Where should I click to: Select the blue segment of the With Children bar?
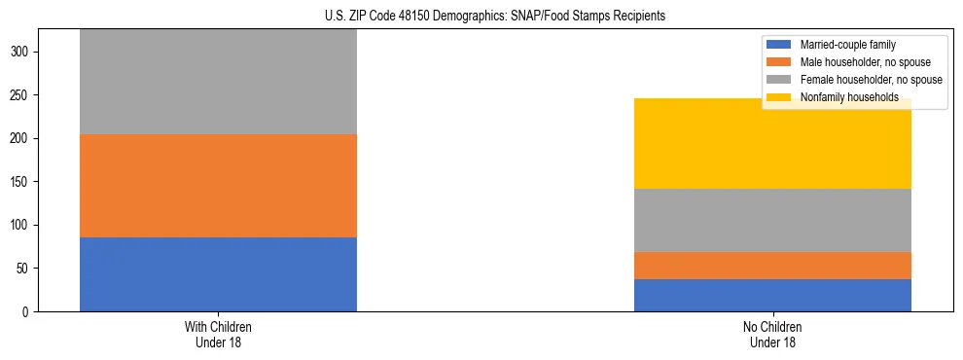coord(218,274)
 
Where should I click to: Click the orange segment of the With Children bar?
coord(218,186)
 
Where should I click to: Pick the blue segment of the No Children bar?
coord(772,295)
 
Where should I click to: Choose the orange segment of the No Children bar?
coord(772,266)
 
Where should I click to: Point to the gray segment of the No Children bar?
coord(772,220)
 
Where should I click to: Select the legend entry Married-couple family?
coord(847,45)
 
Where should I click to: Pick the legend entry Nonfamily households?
coord(848,97)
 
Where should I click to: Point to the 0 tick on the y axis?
coord(26,312)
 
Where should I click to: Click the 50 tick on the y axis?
coord(23,269)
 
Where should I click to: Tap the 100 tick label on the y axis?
coord(20,226)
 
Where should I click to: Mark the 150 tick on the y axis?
coord(20,182)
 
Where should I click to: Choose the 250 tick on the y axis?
coord(20,95)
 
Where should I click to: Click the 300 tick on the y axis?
coord(20,53)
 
